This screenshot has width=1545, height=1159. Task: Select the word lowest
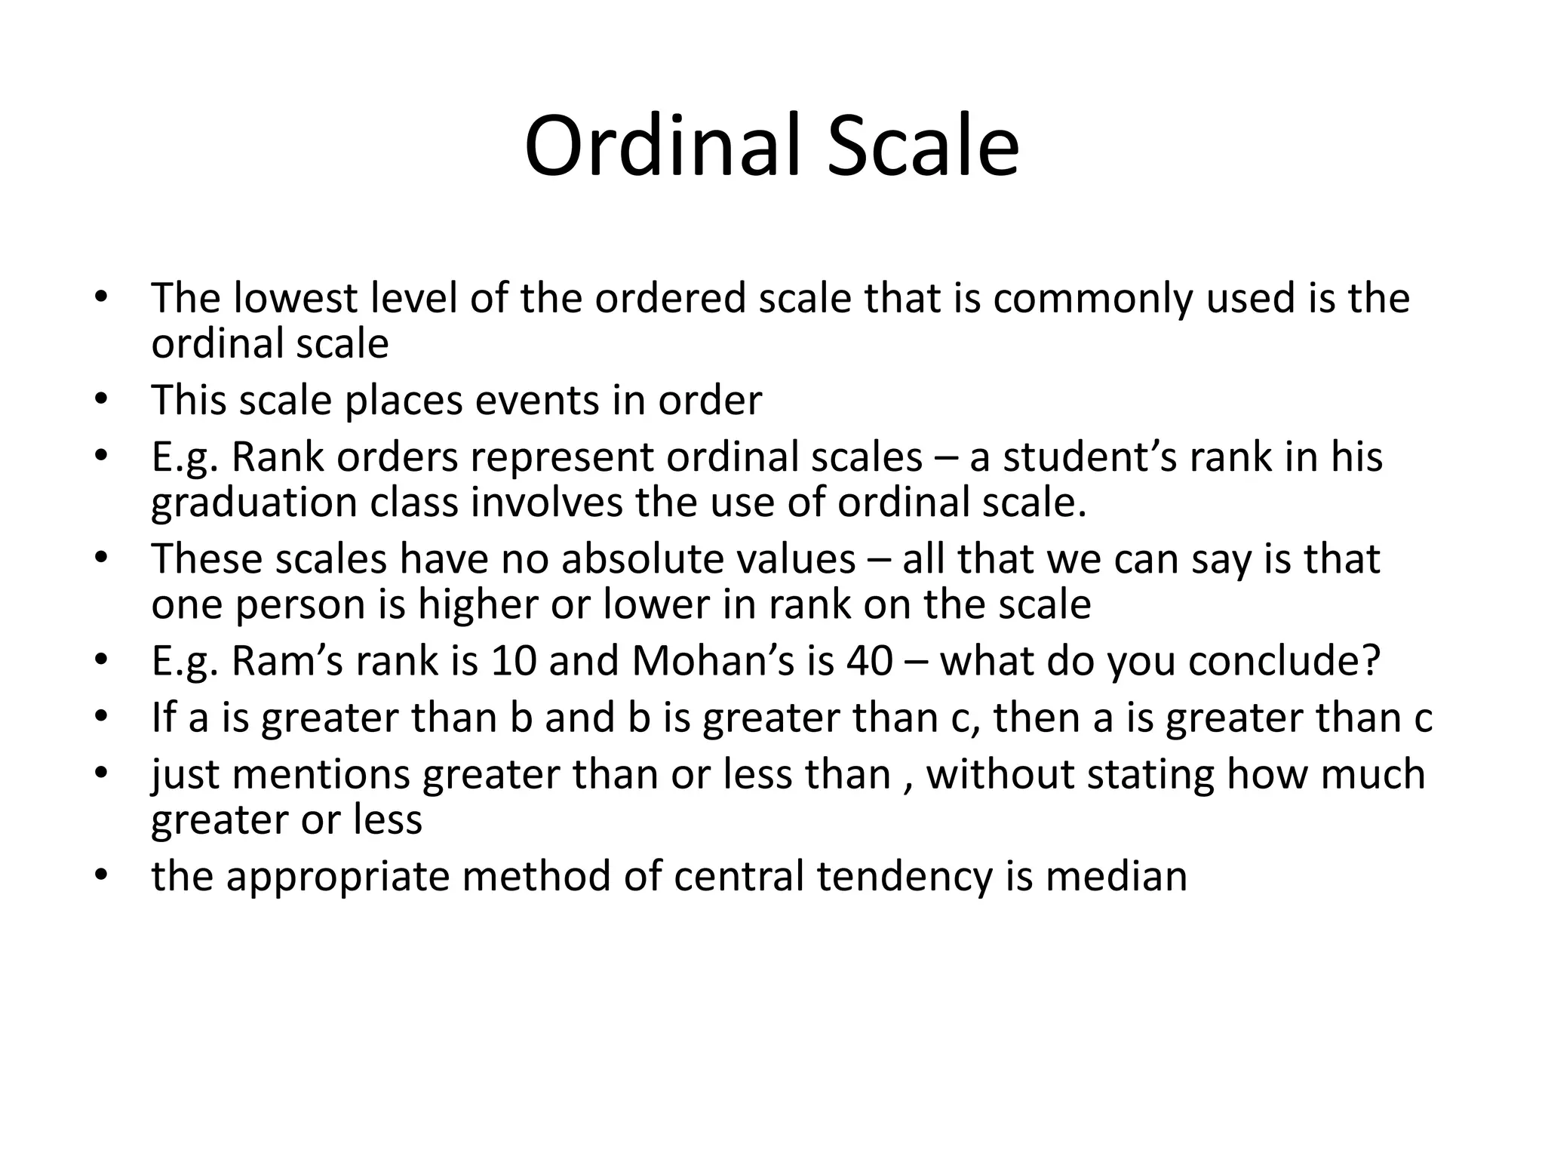[x=295, y=298]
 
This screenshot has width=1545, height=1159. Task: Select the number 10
[x=513, y=661]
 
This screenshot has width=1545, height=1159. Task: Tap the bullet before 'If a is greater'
[x=102, y=716]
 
